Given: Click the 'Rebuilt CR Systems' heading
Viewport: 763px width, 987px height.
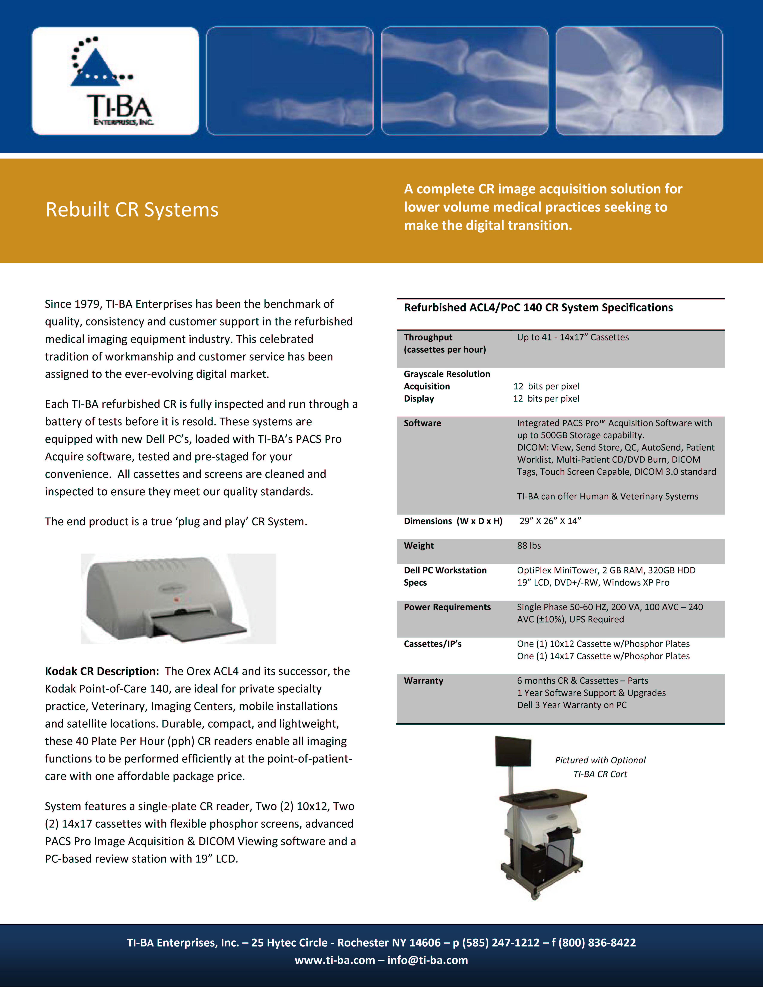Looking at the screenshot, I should tap(132, 210).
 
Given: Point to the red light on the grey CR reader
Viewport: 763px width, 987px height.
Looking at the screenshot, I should tap(176, 600).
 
